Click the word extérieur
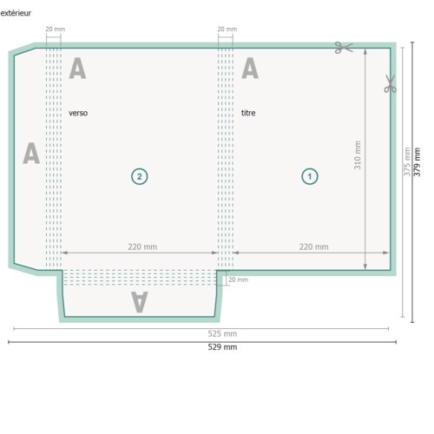(16, 13)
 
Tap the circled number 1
(310, 176)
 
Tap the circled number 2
(140, 176)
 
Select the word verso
(78, 113)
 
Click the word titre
(248, 113)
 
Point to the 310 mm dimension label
(358, 155)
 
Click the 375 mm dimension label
(407, 161)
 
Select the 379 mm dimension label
(417, 162)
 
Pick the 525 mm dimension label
(222, 333)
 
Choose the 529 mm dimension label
(222, 347)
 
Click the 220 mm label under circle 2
(142, 247)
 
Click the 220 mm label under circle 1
(313, 247)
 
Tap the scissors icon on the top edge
(344, 48)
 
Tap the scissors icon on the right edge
(390, 83)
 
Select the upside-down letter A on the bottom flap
(140, 302)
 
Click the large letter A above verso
(77, 68)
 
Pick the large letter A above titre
(250, 68)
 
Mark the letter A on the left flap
(31, 153)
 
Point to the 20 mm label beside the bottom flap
(238, 279)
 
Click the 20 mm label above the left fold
(56, 29)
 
